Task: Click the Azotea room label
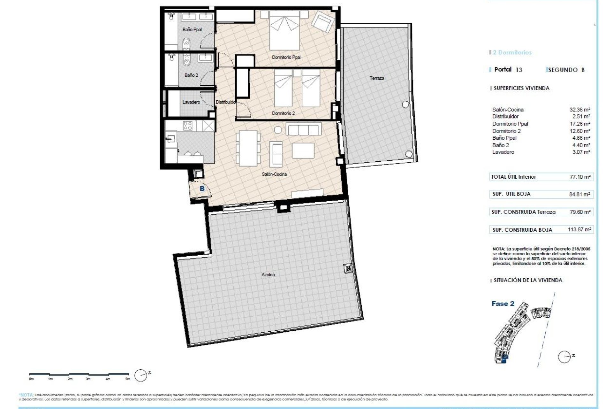(268, 274)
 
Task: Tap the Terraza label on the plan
(377, 78)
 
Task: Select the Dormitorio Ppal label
(286, 58)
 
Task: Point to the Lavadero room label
(191, 102)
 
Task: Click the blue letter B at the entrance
(202, 189)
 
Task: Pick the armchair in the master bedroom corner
(322, 22)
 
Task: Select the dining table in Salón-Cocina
(248, 148)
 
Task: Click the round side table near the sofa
(278, 130)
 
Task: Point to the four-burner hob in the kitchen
(187, 126)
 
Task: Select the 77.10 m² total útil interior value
(580, 177)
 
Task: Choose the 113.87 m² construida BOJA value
(579, 229)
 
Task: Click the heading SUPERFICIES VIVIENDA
(521, 88)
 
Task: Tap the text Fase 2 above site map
(503, 304)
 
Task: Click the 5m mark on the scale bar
(128, 379)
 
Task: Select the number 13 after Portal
(519, 70)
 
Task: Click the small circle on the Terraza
(405, 104)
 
